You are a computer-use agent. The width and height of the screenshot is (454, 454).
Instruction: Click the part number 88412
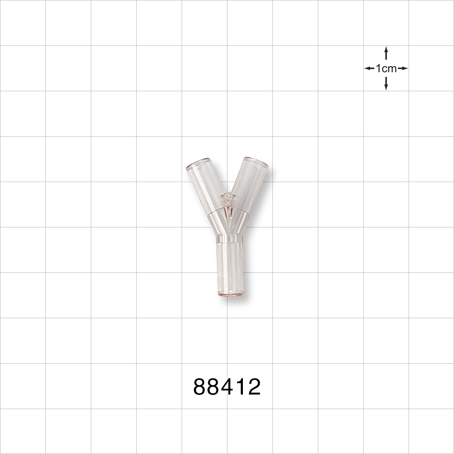(x=227, y=387)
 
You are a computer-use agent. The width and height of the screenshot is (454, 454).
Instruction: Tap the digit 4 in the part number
(x=227, y=387)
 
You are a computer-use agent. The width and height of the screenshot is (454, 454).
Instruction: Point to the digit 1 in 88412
(x=241, y=387)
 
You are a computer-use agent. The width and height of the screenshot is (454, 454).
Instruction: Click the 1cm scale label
(x=386, y=69)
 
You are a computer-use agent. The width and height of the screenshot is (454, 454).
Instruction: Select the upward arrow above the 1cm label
(x=386, y=52)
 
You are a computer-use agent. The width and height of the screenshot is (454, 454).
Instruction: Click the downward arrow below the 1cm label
(x=386, y=84)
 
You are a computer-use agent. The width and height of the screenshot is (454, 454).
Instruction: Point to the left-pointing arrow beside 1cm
(x=369, y=69)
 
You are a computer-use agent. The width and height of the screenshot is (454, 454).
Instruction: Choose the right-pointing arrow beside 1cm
(x=403, y=69)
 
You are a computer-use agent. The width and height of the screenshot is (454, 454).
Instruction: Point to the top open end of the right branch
(x=257, y=162)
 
